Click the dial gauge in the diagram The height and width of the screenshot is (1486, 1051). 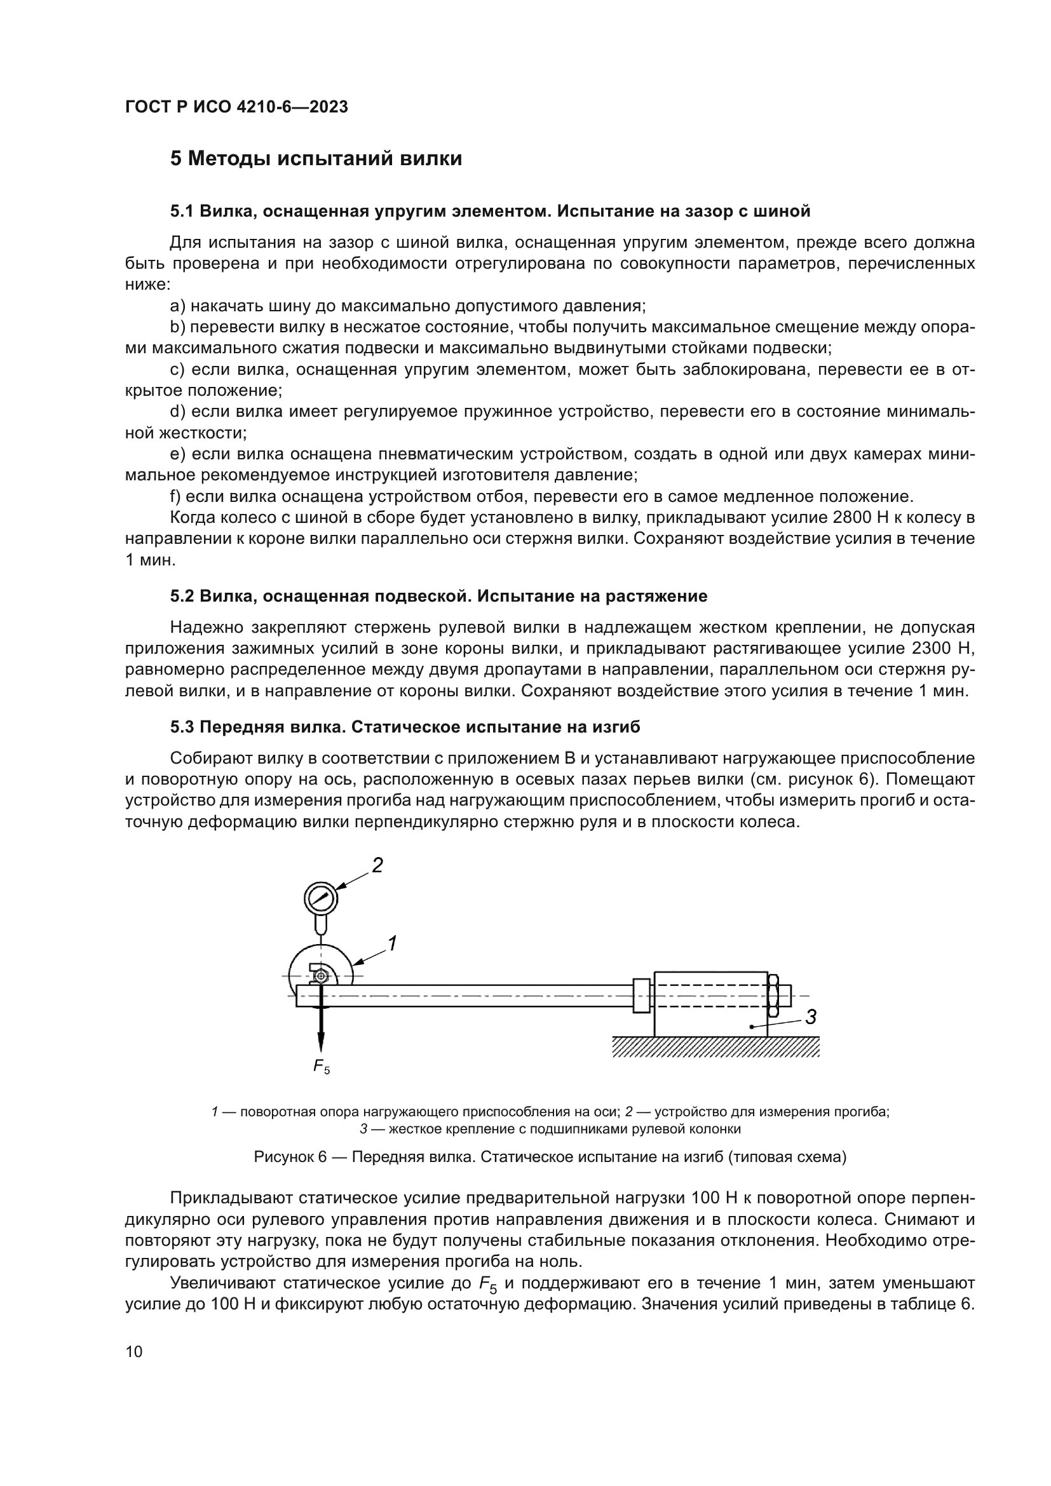pyautogui.click(x=321, y=898)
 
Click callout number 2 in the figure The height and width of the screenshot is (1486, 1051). pyautogui.click(x=377, y=865)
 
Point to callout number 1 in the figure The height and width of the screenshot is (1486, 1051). pyautogui.click(x=391, y=943)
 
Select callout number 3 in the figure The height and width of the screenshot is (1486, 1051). pyautogui.click(x=811, y=1017)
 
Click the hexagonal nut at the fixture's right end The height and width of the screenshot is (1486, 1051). pyautogui.click(x=772, y=996)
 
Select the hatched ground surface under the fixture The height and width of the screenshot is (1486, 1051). pyautogui.click(x=715, y=1046)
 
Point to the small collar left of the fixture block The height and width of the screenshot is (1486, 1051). pyautogui.click(x=641, y=996)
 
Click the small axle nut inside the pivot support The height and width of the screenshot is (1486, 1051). pyautogui.click(x=321, y=976)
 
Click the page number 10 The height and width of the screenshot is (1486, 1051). pyautogui.click(x=134, y=1351)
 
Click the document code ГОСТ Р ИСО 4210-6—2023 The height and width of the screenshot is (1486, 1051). pyautogui.click(x=236, y=107)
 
